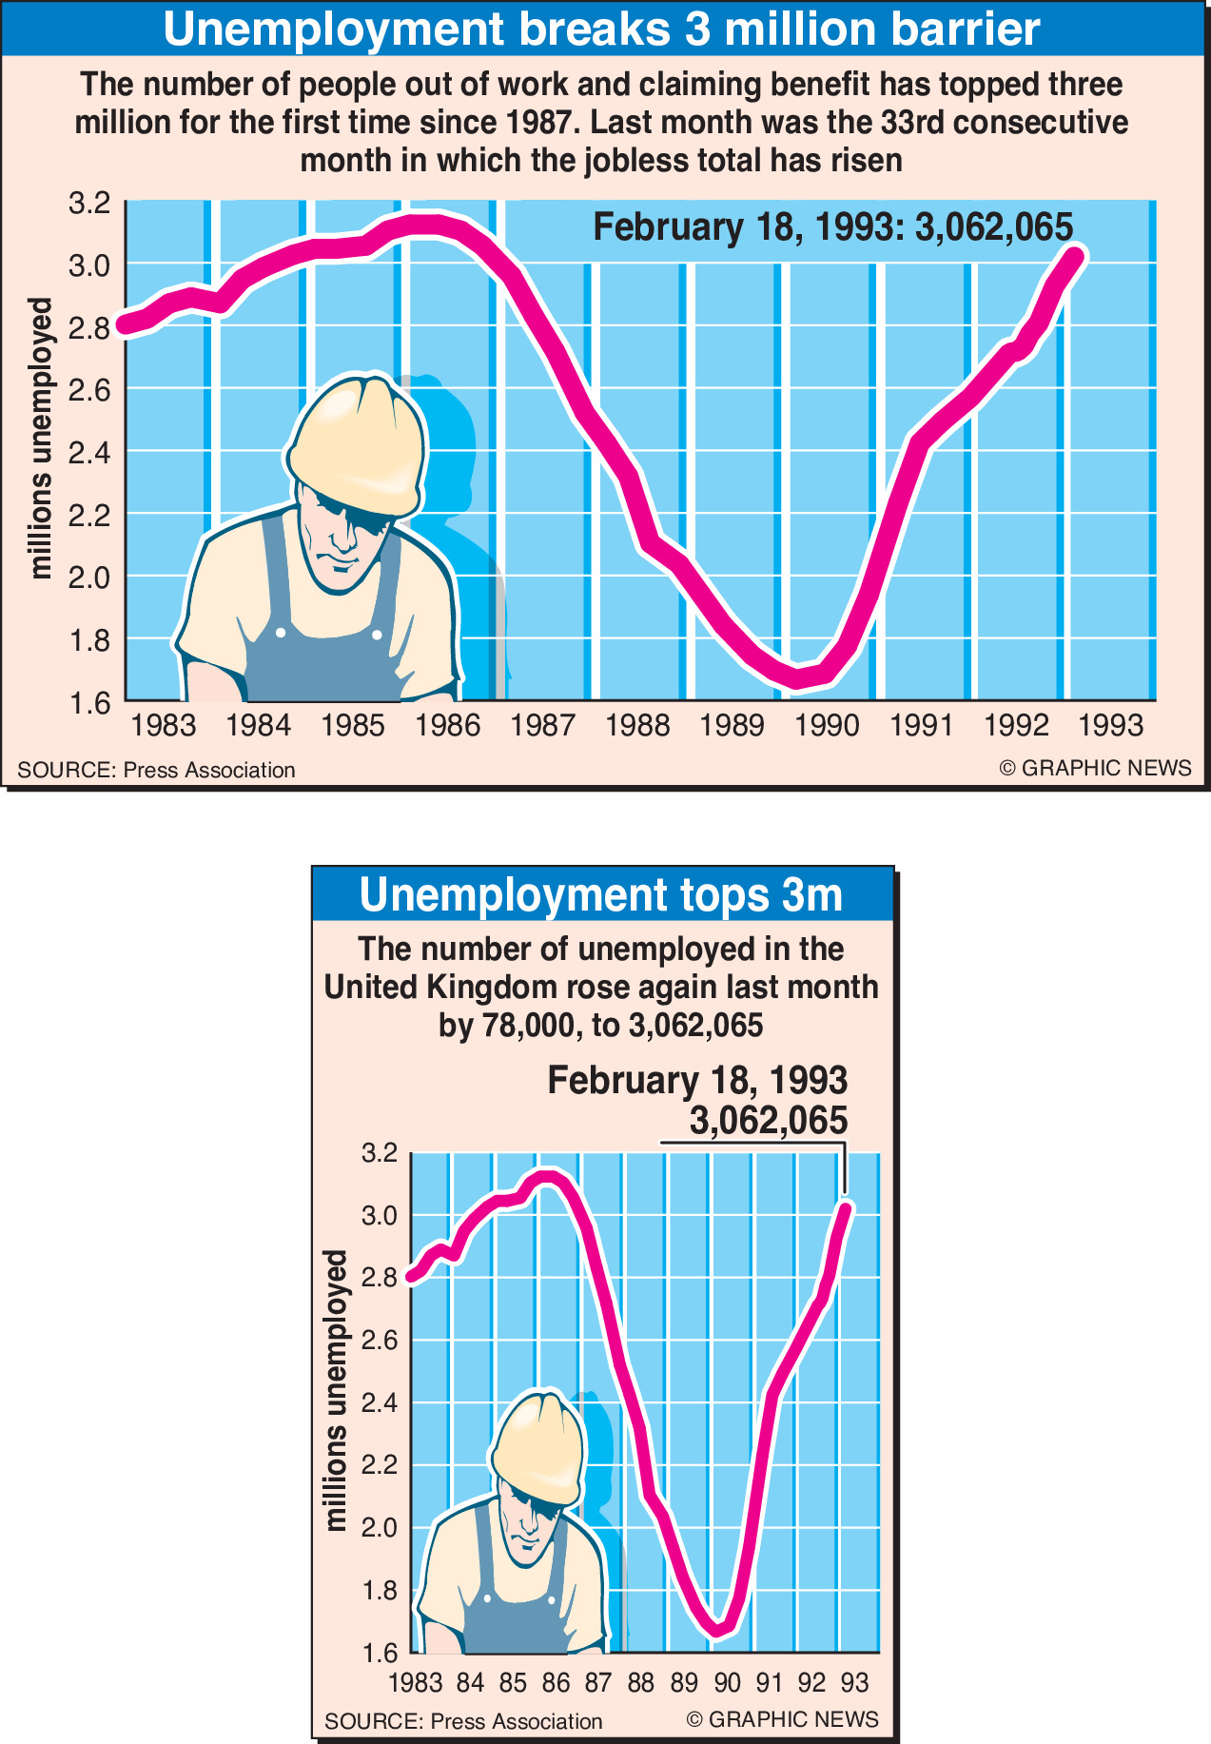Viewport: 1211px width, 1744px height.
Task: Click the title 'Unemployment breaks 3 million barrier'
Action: (601, 29)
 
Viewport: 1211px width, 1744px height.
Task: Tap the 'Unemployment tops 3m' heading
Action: (601, 895)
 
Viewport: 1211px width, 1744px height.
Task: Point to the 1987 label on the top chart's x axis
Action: (542, 726)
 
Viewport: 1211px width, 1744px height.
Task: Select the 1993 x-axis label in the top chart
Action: (1110, 726)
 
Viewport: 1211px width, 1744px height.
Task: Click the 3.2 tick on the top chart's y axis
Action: (89, 203)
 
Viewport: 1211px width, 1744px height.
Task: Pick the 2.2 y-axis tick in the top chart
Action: (89, 515)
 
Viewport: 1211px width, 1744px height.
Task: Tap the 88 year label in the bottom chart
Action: (641, 1683)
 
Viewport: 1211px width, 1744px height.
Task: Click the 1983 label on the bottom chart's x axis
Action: (416, 1683)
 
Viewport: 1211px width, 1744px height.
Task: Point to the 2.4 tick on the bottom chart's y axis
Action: (379, 1403)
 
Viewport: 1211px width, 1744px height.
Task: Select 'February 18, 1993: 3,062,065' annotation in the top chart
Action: (832, 228)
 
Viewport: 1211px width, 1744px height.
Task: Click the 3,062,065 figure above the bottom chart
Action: (768, 1121)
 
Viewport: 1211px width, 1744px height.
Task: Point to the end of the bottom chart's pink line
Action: (846, 1208)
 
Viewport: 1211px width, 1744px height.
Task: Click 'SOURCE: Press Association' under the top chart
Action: (156, 770)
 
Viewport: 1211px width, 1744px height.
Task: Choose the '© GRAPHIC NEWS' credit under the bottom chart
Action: (782, 1719)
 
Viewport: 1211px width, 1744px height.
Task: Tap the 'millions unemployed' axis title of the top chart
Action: (41, 439)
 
